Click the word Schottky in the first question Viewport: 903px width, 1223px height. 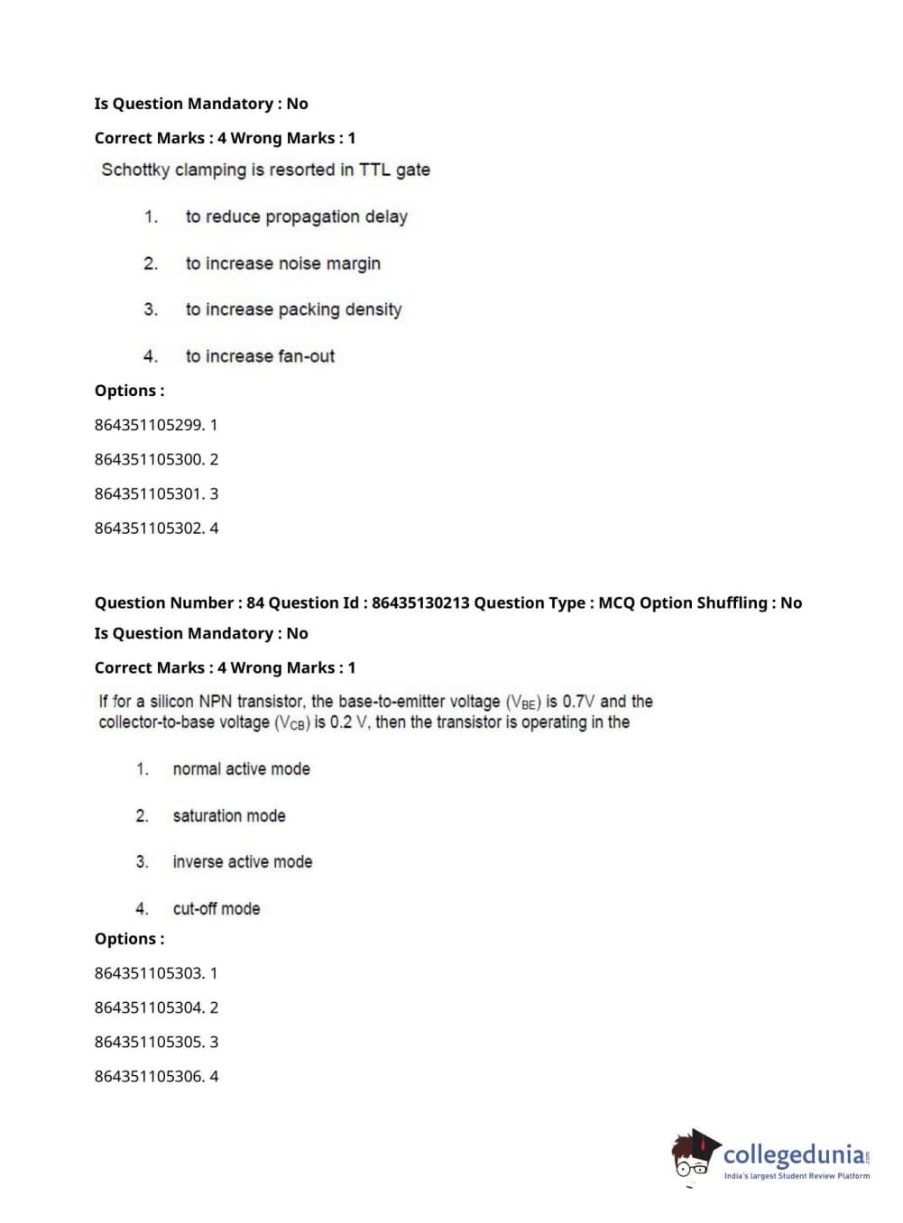point(135,170)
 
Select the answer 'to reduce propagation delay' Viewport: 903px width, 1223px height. point(296,216)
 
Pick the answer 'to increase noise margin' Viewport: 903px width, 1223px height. point(282,263)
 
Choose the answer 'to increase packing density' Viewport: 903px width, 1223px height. point(293,309)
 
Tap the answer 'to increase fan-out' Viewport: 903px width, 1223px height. point(260,356)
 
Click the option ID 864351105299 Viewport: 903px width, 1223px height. point(149,425)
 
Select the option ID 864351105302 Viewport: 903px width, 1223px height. point(149,528)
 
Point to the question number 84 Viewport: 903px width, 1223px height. point(255,602)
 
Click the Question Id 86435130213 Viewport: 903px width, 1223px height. point(420,602)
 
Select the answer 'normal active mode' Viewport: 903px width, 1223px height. point(241,768)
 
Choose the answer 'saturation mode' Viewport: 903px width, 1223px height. point(229,815)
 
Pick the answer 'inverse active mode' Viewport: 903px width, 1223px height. point(243,861)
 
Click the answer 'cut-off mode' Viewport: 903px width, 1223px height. point(217,908)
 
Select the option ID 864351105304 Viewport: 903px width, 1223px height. point(149,1007)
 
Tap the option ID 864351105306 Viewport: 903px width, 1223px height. point(149,1076)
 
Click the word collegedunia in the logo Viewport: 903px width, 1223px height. point(793,1154)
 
